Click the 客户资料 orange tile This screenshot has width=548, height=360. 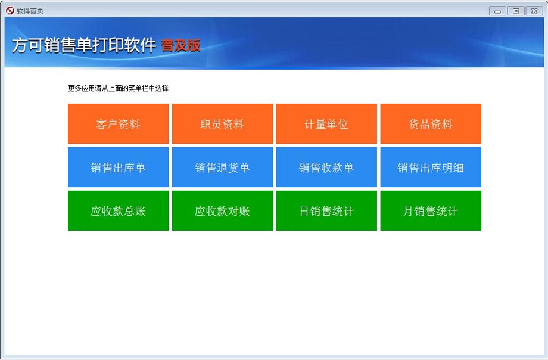coord(118,123)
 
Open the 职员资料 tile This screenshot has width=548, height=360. coord(222,123)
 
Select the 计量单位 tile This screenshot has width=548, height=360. coord(326,123)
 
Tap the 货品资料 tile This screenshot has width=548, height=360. coord(431,123)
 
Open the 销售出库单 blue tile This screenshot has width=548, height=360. coord(118,167)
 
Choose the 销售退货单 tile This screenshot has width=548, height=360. coord(222,167)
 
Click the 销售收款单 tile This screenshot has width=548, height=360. coord(326,167)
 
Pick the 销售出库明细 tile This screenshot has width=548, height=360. coord(431,167)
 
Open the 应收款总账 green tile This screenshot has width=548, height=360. coord(118,210)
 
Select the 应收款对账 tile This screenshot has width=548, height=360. coord(222,210)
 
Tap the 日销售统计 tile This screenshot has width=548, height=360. coord(326,210)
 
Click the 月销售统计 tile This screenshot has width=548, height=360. coord(431,210)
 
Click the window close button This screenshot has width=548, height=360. coord(534,11)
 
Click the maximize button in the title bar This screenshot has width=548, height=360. coord(515,11)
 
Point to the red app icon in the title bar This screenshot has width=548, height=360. coord(10,11)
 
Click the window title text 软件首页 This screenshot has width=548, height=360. coord(30,11)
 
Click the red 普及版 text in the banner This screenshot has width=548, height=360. coord(180,45)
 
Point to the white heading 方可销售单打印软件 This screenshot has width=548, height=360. coord(84,45)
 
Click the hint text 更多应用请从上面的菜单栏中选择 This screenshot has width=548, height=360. coord(118,88)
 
